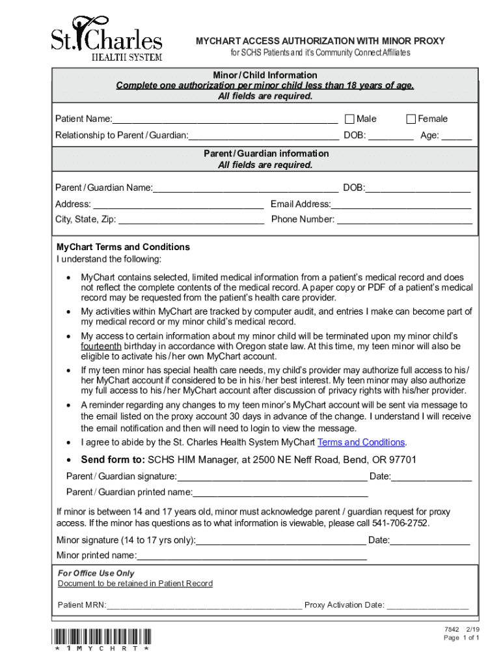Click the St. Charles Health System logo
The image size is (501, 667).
[x=107, y=38]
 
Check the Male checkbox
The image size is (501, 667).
[x=349, y=119]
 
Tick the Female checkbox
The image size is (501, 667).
[x=411, y=119]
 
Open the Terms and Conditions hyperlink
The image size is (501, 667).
[x=360, y=442]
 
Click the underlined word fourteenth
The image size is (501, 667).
[x=101, y=347]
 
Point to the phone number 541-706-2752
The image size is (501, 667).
[x=400, y=523]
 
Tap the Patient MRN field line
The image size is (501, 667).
[x=204, y=606]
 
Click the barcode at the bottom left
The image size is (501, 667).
[x=103, y=636]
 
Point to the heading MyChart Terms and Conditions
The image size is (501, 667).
[x=123, y=247]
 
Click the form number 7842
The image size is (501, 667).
[x=452, y=629]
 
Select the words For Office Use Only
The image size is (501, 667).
[x=96, y=573]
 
